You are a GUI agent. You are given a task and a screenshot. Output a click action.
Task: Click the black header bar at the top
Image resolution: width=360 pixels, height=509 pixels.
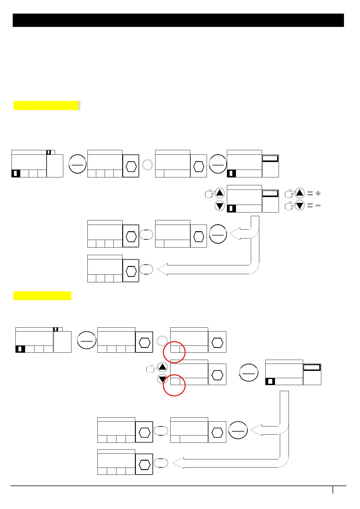(x=178, y=20)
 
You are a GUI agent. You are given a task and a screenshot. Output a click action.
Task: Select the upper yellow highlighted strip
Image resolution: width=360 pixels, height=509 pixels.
(x=46, y=105)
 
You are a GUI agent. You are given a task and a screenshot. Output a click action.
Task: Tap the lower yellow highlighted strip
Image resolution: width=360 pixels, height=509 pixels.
(x=42, y=296)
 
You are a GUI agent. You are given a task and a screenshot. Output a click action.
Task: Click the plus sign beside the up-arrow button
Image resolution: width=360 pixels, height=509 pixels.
(x=318, y=193)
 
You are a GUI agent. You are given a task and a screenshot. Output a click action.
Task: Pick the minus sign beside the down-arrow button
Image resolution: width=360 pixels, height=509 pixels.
(x=318, y=206)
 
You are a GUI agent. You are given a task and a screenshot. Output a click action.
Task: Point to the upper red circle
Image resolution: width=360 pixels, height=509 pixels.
(x=174, y=352)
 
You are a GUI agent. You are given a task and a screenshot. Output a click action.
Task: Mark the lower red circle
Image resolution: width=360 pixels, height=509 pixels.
(x=174, y=385)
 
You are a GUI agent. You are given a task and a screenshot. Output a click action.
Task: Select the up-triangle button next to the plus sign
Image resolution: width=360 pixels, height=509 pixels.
(x=299, y=193)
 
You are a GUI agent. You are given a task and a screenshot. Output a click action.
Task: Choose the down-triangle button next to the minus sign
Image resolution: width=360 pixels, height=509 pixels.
(x=299, y=206)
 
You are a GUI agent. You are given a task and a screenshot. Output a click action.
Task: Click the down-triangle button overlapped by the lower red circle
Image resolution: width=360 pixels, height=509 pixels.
(x=162, y=379)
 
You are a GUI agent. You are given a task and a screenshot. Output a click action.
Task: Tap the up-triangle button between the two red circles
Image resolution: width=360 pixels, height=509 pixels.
(x=162, y=367)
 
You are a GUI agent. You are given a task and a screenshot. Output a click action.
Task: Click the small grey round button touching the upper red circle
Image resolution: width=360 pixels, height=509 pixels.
(x=162, y=341)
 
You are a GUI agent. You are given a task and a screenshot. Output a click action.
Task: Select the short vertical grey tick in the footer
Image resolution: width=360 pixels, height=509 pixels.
(x=333, y=490)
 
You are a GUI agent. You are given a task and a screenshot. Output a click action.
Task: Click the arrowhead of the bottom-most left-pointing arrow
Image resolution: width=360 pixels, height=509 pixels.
(x=178, y=463)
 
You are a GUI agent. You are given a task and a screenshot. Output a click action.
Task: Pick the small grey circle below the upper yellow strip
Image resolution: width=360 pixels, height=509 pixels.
(x=147, y=165)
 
